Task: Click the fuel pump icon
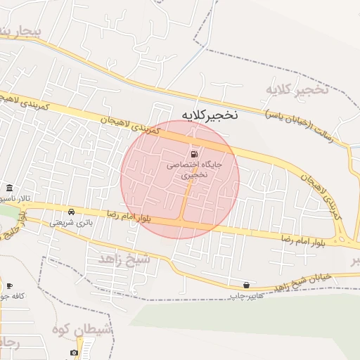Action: point(193,154)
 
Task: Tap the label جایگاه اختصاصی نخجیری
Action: point(193,169)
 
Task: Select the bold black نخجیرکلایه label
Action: point(210,115)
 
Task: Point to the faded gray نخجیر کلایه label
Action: point(297,90)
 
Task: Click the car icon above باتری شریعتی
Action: point(71,211)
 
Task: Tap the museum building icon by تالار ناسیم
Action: point(8,188)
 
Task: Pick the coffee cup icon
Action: point(9,285)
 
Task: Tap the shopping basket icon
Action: point(246,285)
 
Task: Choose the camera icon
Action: point(75,352)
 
